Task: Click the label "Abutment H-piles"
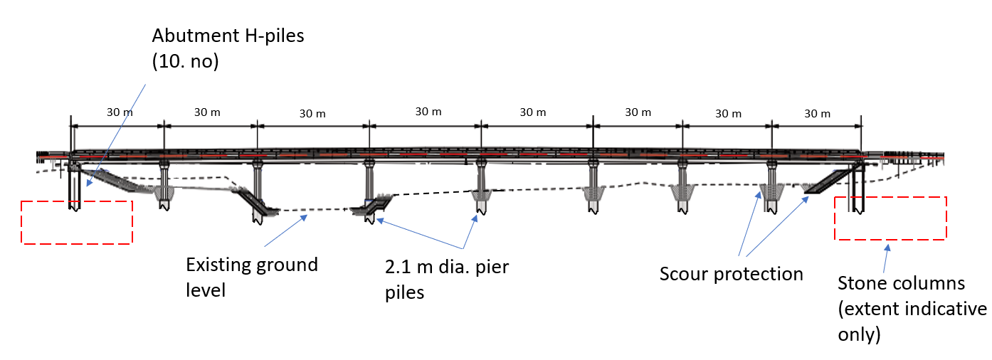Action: tap(228, 36)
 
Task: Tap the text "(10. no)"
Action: tap(185, 62)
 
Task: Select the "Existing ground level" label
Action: tap(251, 277)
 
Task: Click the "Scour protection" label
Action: tap(731, 274)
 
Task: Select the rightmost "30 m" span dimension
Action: tap(816, 114)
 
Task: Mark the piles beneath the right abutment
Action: tap(858, 192)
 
